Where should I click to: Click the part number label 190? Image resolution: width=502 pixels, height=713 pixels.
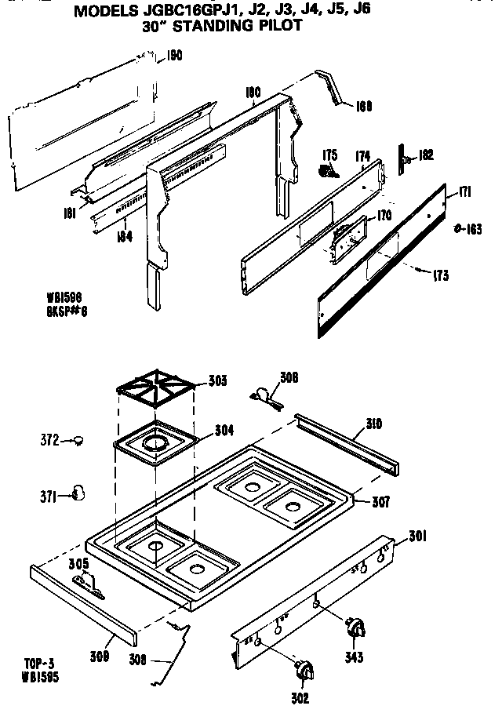[174, 55]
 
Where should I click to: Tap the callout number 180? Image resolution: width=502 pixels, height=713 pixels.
[252, 92]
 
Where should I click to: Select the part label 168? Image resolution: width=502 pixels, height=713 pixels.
[364, 106]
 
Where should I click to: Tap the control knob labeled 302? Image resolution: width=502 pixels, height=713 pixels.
[301, 671]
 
